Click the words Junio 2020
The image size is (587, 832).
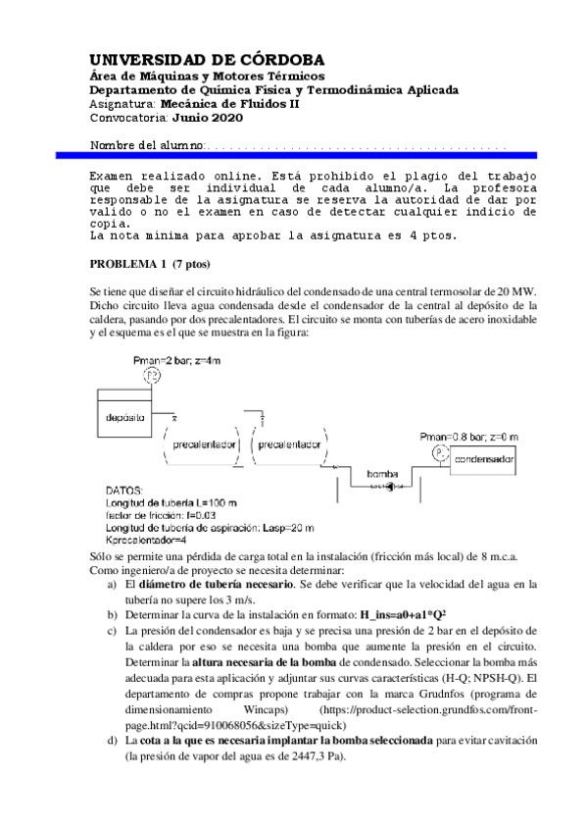pyautogui.click(x=209, y=118)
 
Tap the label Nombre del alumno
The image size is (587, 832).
pyautogui.click(x=147, y=145)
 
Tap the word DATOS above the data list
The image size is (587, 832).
pyautogui.click(x=124, y=491)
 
